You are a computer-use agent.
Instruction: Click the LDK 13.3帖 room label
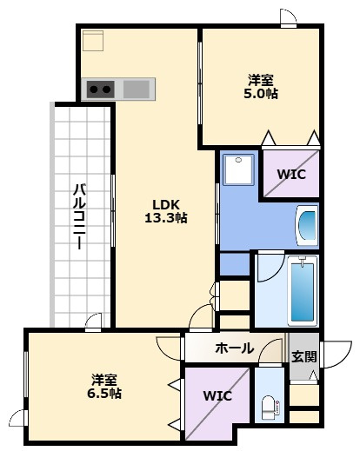click(x=166, y=211)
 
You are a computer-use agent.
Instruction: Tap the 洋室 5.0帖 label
click(x=261, y=87)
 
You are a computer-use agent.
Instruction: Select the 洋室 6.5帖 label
click(x=104, y=386)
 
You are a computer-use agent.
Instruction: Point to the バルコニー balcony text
click(x=79, y=216)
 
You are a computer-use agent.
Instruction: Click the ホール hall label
click(x=234, y=348)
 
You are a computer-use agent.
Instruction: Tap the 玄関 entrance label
click(x=303, y=356)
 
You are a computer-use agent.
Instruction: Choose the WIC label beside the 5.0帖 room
click(x=291, y=175)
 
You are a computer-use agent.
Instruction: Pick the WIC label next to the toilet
click(x=217, y=395)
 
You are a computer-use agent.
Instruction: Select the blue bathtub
click(x=303, y=292)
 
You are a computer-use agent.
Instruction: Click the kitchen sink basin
click(x=137, y=89)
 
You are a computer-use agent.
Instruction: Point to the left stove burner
click(x=93, y=90)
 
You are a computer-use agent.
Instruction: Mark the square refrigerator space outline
click(x=93, y=41)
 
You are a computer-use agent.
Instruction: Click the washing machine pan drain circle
click(x=238, y=160)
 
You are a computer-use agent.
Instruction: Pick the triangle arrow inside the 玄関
click(x=313, y=375)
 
